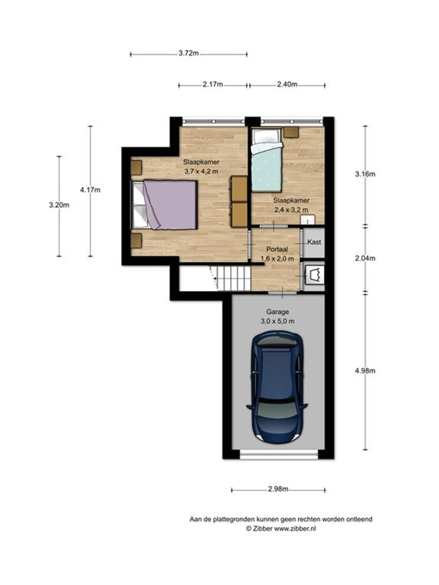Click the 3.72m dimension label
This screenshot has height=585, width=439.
[188, 53]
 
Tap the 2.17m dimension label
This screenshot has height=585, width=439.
[213, 85]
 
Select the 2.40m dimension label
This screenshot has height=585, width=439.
[287, 85]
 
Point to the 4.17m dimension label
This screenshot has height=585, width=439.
[90, 190]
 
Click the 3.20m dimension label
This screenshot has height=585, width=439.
[59, 205]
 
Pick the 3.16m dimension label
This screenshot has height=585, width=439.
[365, 174]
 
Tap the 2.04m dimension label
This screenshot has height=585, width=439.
[365, 258]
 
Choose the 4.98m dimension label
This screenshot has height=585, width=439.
[365, 371]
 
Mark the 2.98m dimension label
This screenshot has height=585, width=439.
[278, 489]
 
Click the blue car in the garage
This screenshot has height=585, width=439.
[277, 387]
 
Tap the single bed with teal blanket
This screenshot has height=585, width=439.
[266, 159]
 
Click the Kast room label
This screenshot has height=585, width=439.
[314, 241]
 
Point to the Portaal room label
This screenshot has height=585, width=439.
[277, 249]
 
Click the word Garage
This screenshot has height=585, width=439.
[277, 312]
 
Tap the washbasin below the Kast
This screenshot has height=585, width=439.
[313, 275]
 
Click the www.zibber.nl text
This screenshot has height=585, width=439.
[295, 529]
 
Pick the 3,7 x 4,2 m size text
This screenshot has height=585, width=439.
[201, 171]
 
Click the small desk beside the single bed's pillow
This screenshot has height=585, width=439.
[291, 132]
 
